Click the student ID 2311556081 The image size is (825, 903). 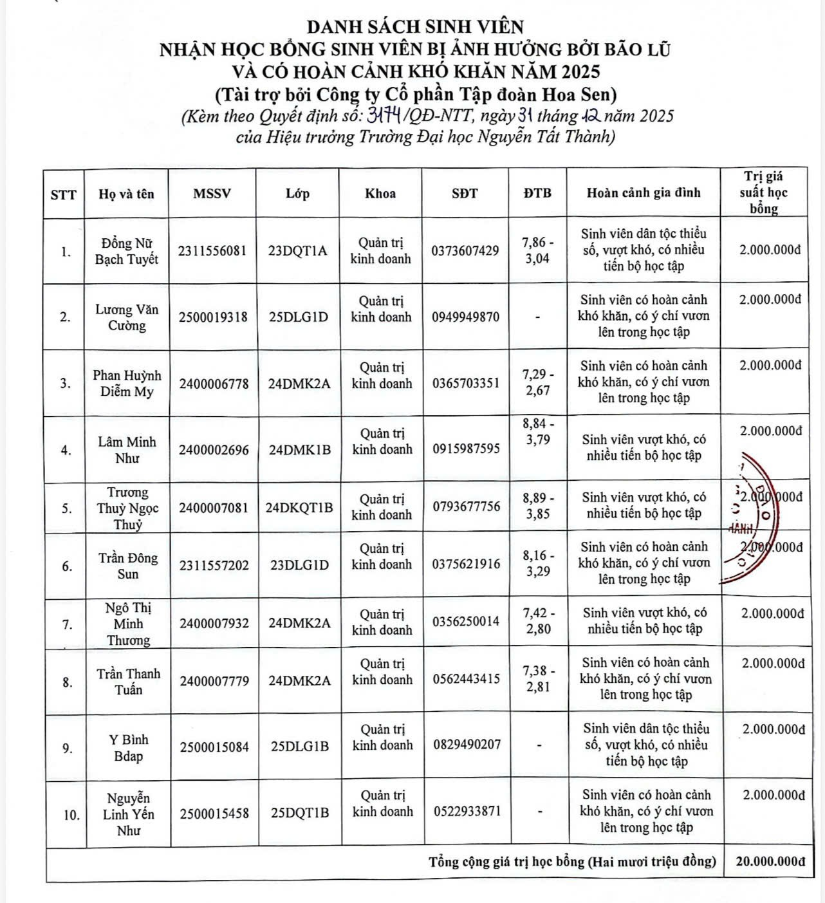[212, 251]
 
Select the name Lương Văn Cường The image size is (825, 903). [127, 317]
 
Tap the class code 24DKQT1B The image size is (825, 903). [299, 507]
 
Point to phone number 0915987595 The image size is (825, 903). [466, 449]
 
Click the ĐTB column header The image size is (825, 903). [537, 193]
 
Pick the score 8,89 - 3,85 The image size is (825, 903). [538, 506]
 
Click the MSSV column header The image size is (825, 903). [212, 194]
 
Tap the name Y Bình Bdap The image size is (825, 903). [129, 747]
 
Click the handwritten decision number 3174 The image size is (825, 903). [385, 116]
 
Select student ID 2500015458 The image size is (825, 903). [214, 814]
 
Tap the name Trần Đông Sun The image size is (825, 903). [127, 566]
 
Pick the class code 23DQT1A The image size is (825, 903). [298, 251]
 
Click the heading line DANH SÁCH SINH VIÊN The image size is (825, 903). [415, 26]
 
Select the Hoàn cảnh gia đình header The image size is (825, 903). [644, 192]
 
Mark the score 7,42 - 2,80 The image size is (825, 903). [538, 620]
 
